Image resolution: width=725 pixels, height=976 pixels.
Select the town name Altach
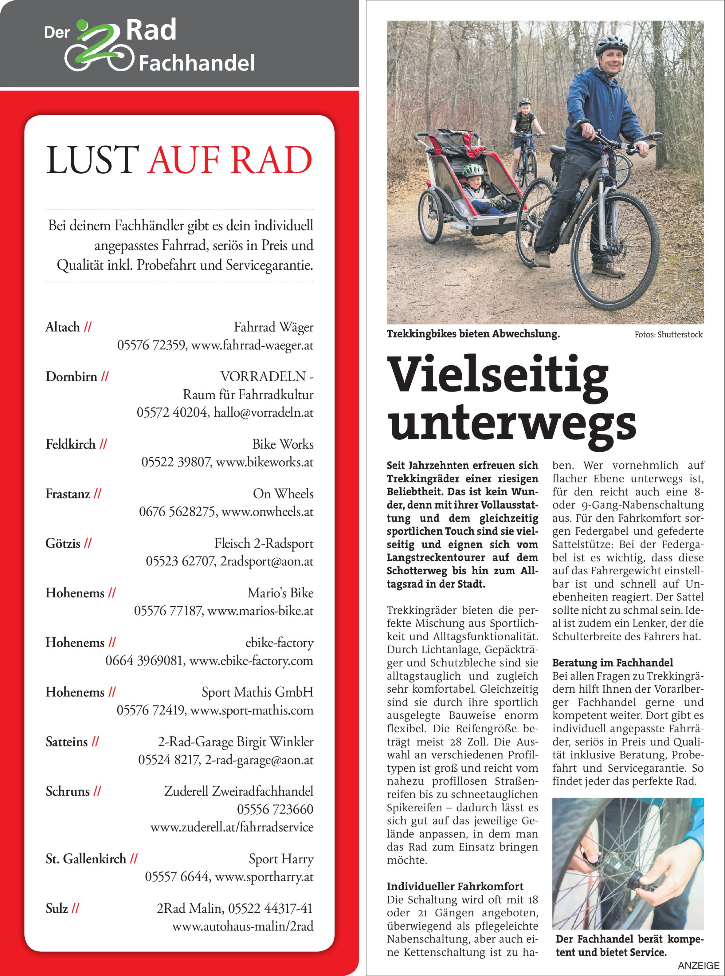pos(63,327)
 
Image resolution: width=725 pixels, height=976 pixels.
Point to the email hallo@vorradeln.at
pos(263,412)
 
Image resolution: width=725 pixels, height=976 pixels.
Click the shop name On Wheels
pos(283,494)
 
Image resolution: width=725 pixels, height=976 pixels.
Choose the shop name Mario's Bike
pos(280,593)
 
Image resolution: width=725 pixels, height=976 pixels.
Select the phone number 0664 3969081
pos(144,661)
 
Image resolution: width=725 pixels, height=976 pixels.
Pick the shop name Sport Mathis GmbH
pos(258,692)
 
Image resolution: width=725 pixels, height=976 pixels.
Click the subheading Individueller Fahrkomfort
pos(455,887)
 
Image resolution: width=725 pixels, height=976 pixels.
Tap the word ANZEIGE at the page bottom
pos(699,966)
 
